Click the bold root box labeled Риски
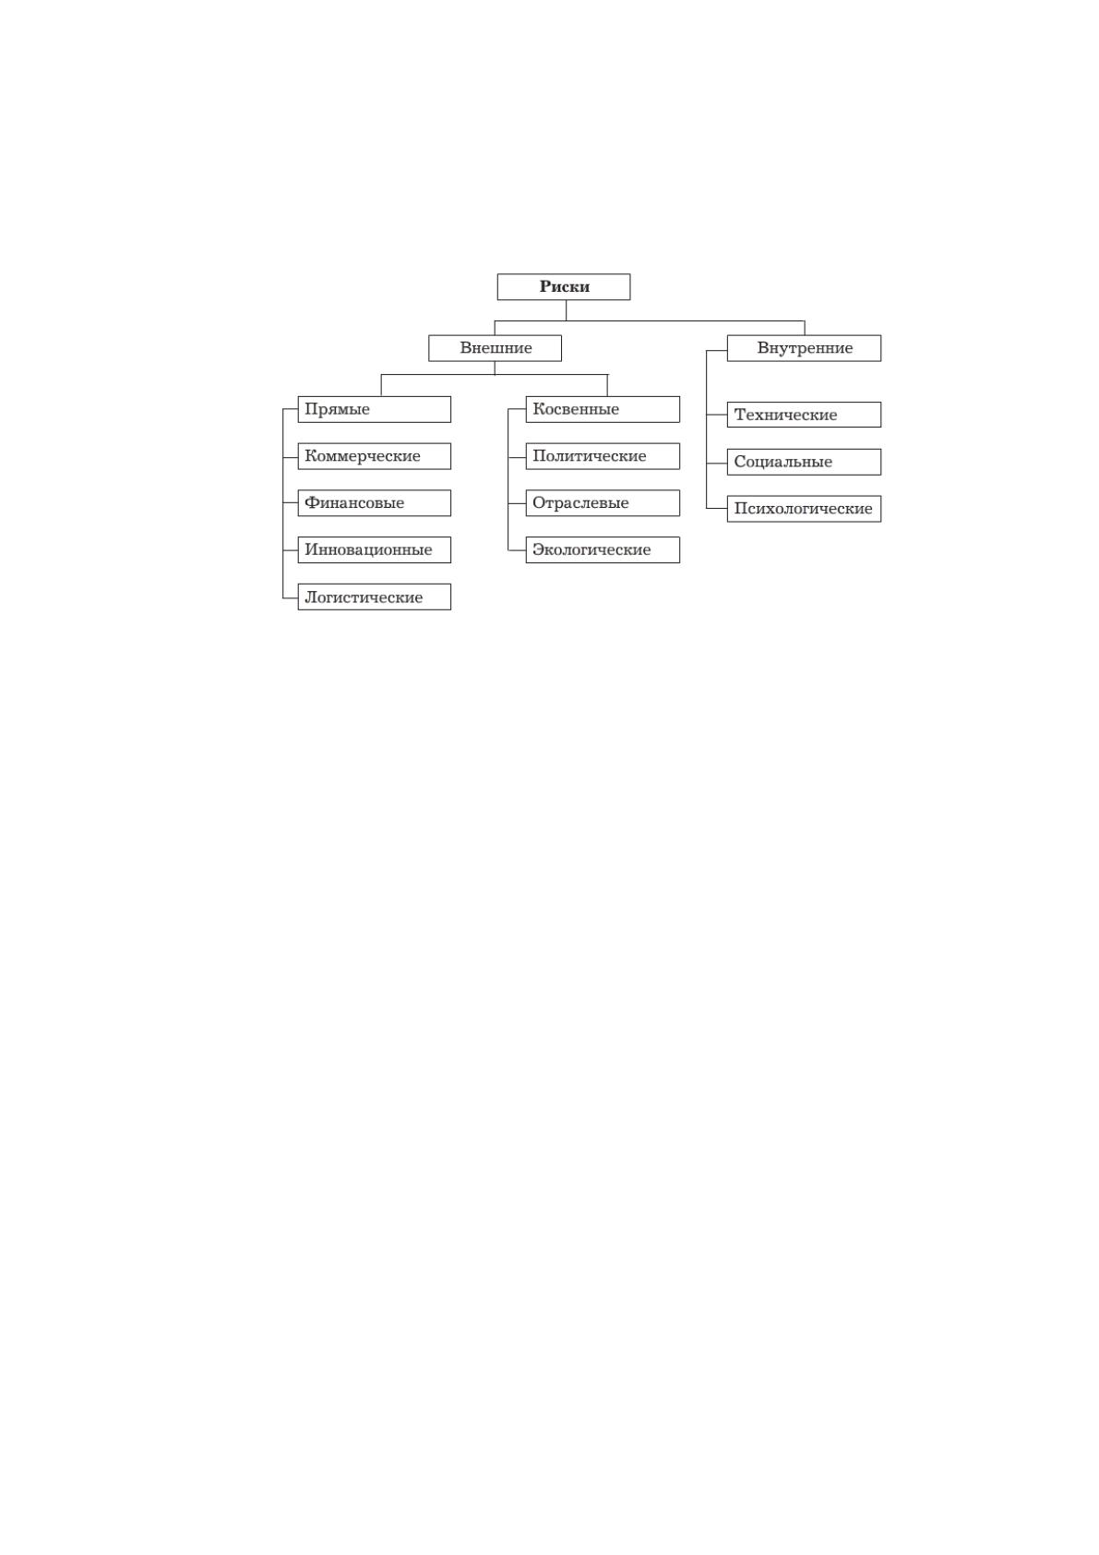pyautogui.click(x=564, y=286)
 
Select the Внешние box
pyautogui.click(x=495, y=348)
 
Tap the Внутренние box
pyautogui.click(x=804, y=348)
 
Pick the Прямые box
pyautogui.click(x=374, y=409)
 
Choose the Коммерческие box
pyautogui.click(x=374, y=456)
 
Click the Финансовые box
pyautogui.click(x=374, y=502)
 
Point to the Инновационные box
pyautogui.click(x=374, y=549)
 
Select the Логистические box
pyautogui.click(x=374, y=597)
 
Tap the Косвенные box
pyautogui.click(x=603, y=409)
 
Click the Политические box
pyautogui.click(x=603, y=456)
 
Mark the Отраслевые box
pyautogui.click(x=603, y=502)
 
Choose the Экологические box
pyautogui.click(x=603, y=549)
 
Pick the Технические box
pyautogui.click(x=804, y=415)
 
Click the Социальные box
pyautogui.click(x=804, y=462)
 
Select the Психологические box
pyautogui.click(x=804, y=509)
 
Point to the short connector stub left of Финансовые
pyautogui.click(x=290, y=502)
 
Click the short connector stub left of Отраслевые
pyautogui.click(x=517, y=502)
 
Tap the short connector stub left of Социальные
pyautogui.click(x=717, y=463)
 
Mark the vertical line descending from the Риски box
pyautogui.click(x=566, y=310)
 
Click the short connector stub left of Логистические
pyautogui.click(x=290, y=597)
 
